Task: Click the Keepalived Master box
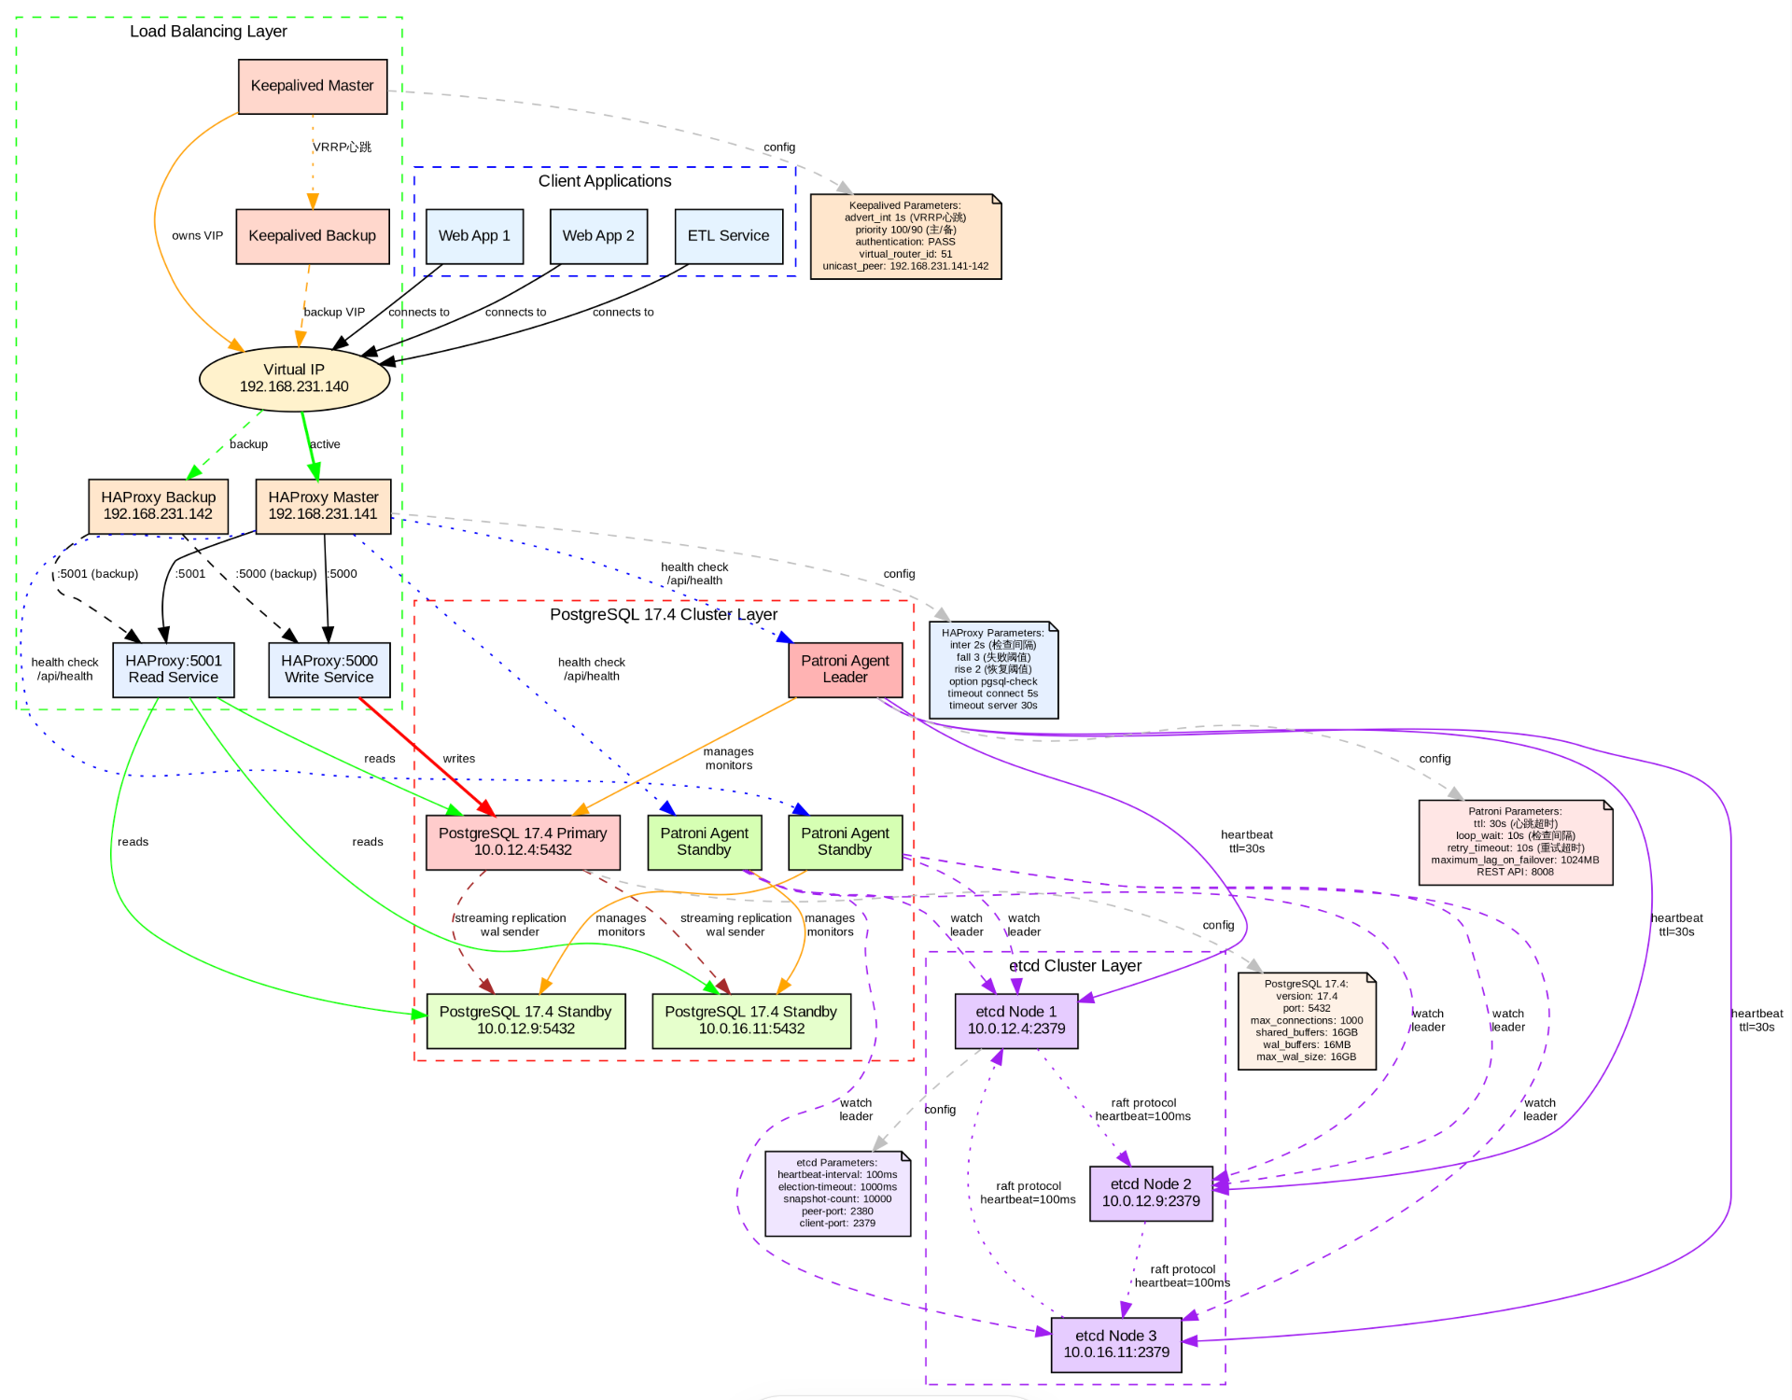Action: pos(313,86)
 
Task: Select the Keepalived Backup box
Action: pos(312,236)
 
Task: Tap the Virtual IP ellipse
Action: pos(294,378)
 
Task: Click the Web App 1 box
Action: pos(474,236)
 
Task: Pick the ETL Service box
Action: pos(728,236)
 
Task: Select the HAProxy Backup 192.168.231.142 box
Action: pos(158,506)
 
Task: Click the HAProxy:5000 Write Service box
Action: pos(329,669)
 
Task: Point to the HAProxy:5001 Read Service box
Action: pos(174,669)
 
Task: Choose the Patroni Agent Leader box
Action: pos(845,669)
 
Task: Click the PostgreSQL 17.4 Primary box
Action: pos(523,842)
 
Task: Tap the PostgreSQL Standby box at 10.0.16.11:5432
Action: pos(751,1020)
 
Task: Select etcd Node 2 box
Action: pos(1151,1193)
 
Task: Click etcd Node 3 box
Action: pos(1115,1344)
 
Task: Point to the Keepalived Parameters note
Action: pos(905,236)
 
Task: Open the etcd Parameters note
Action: pos(837,1193)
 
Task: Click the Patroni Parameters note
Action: pos(1515,842)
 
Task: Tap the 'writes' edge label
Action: pos(458,759)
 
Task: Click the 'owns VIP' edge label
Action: pos(197,236)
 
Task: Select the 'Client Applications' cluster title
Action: pos(605,181)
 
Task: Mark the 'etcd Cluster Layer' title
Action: pos(1075,966)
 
